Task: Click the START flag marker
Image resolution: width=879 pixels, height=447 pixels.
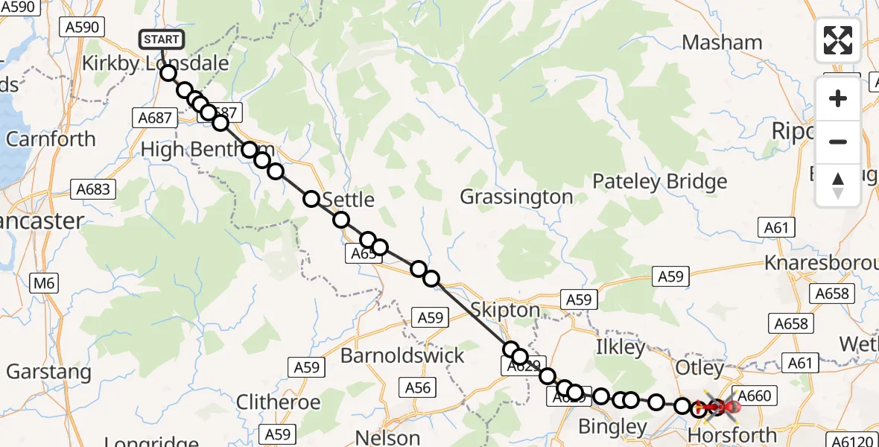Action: [161, 39]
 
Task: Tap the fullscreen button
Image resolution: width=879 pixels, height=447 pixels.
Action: [838, 40]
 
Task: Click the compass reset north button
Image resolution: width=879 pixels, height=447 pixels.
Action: [838, 186]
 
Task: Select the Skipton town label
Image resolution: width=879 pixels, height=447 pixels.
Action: [506, 311]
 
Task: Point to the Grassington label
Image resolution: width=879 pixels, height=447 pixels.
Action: [516, 197]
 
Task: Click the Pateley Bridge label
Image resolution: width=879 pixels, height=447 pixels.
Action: [659, 182]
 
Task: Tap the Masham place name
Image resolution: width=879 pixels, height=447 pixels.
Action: [722, 42]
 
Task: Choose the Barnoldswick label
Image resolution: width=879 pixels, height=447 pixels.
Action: [402, 355]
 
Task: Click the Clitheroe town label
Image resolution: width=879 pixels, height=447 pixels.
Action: [278, 403]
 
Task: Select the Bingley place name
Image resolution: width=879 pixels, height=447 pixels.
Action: [612, 427]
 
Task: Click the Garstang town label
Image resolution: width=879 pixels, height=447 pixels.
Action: [48, 371]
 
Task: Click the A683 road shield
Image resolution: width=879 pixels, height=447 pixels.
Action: [93, 189]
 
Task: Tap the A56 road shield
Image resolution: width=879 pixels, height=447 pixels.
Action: [418, 387]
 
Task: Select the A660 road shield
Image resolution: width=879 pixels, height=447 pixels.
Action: [755, 396]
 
